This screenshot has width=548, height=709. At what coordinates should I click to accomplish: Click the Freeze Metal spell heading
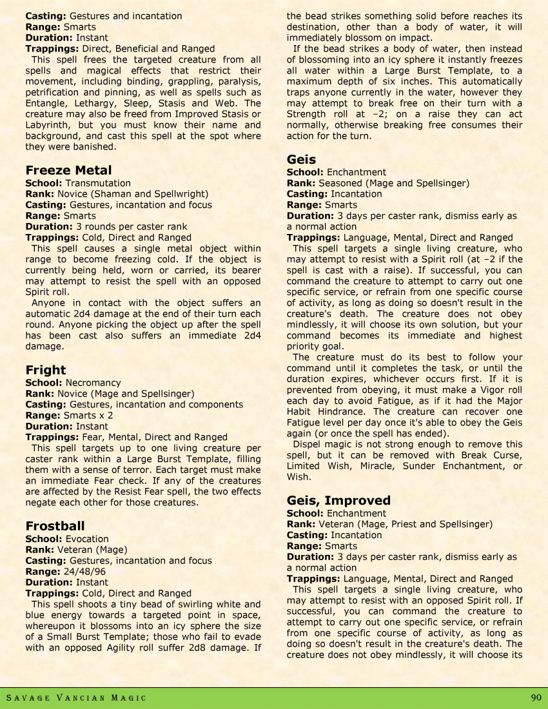point(68,170)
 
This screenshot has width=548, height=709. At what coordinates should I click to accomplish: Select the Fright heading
point(46,370)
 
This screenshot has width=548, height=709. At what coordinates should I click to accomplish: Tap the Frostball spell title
point(55,526)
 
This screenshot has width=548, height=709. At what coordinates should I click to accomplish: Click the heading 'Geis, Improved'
point(338,501)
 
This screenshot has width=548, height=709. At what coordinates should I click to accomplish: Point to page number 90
point(536,697)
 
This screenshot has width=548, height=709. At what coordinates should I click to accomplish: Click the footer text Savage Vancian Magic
point(76,698)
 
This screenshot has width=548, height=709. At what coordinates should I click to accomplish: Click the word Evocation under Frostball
point(87,539)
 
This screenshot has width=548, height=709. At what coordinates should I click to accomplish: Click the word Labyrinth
point(47,124)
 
